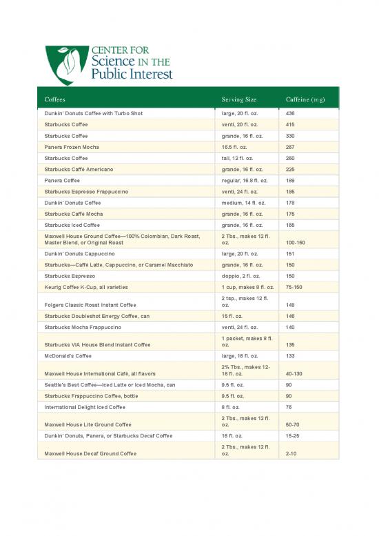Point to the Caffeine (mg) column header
(305, 99)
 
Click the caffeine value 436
(290, 113)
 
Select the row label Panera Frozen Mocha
(72, 147)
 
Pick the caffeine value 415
(290, 124)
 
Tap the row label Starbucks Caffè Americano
(79, 169)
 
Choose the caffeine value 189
(290, 181)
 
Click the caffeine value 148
(290, 304)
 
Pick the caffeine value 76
(289, 407)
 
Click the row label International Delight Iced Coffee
(85, 407)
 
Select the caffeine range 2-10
(291, 453)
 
